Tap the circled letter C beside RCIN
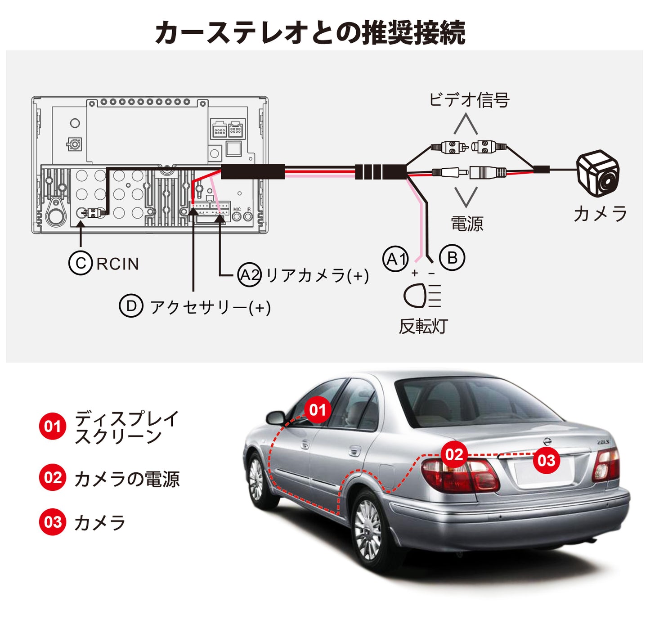click(x=81, y=263)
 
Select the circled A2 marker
click(x=249, y=275)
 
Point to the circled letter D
click(x=131, y=306)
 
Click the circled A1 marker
click(x=395, y=259)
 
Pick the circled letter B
click(x=452, y=258)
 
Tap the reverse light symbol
click(x=422, y=296)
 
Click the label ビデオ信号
click(x=469, y=100)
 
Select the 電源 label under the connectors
click(x=467, y=224)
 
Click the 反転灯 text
click(x=423, y=326)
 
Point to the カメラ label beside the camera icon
click(x=600, y=214)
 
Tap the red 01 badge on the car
click(x=318, y=410)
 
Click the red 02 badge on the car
click(x=454, y=455)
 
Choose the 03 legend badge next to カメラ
click(x=53, y=522)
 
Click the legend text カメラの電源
click(x=127, y=479)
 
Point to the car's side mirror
click(x=275, y=418)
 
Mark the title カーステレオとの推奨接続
click(x=310, y=32)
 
